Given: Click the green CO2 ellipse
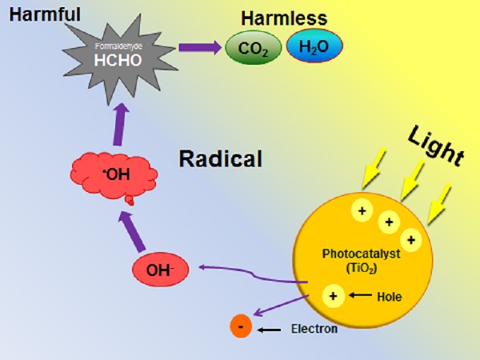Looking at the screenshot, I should coord(254,50).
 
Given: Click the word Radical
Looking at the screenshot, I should coord(220,158).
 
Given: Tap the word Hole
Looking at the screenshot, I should coord(388,297).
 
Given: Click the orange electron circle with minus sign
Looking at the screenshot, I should coord(239,327).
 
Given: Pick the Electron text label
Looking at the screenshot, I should coord(314,329).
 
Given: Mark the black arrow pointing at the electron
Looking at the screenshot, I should coord(270,329).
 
